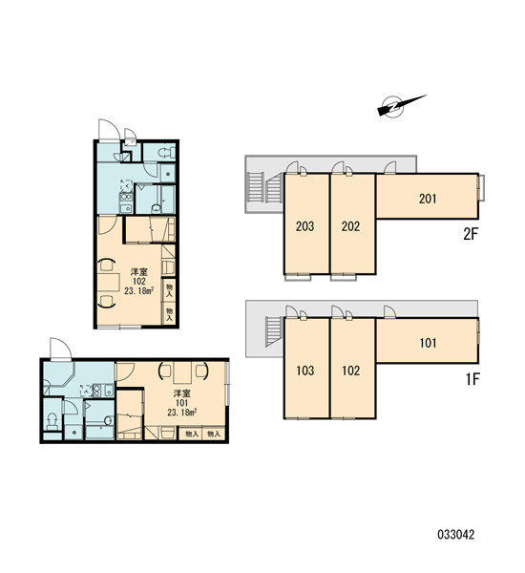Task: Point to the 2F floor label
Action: [x=471, y=234]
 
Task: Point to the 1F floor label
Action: [x=472, y=379]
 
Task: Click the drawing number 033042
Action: [x=456, y=535]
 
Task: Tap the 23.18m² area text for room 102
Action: [x=138, y=291]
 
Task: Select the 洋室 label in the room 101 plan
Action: [x=181, y=393]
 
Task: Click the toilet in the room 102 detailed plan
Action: [x=165, y=153]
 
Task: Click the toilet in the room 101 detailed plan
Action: [x=52, y=422]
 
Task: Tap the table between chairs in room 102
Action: [x=109, y=282]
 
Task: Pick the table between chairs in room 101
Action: [x=182, y=372]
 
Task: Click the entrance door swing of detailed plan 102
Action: [x=110, y=130]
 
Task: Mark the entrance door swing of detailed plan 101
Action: [x=61, y=349]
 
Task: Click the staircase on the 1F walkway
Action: [x=274, y=331]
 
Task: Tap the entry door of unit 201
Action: [x=390, y=168]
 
